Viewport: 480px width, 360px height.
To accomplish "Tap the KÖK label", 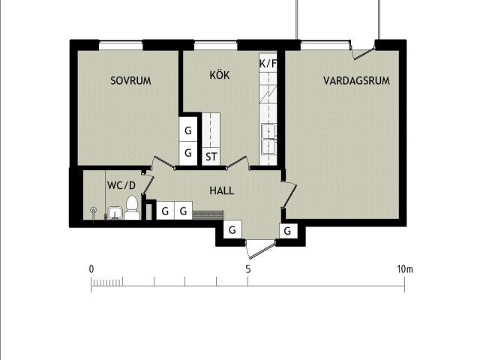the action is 220,75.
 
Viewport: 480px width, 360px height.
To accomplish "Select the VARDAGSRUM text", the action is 357,81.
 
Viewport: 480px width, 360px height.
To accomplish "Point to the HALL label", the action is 222,191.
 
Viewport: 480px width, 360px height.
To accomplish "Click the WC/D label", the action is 121,185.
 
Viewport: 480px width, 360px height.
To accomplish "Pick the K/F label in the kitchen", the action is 268,64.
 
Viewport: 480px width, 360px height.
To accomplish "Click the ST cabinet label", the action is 211,157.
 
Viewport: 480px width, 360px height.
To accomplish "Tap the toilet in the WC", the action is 132,208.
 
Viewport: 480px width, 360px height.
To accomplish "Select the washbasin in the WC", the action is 115,213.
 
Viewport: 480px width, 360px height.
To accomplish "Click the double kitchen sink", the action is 268,139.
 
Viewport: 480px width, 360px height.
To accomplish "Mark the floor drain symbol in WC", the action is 93,210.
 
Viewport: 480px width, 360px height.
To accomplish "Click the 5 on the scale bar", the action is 248,269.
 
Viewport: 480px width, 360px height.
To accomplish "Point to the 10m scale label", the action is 405,269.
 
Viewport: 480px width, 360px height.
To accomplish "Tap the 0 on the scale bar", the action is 91,269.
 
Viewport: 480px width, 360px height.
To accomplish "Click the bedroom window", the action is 121,46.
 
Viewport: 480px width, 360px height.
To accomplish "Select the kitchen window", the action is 216,46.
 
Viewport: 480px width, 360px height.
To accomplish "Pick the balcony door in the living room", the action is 363,52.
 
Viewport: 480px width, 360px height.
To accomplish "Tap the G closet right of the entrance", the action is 287,231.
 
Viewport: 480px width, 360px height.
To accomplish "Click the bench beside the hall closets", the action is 208,215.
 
